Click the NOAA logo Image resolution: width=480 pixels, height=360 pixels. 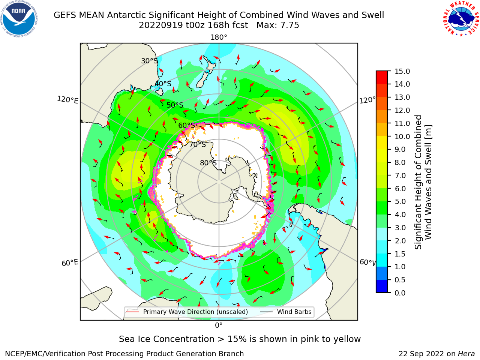coord(19,19)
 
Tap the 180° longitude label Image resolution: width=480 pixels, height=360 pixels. coord(219,37)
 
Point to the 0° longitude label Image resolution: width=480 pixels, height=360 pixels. coord(219,325)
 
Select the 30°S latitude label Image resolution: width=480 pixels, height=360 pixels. coord(149,61)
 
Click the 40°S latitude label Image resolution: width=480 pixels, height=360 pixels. coord(163,84)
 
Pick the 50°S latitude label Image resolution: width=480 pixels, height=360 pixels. coord(175,105)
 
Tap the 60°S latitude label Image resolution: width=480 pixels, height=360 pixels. coord(186,126)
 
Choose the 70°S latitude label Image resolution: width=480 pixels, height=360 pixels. coord(198,144)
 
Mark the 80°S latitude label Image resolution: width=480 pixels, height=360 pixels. coord(208,163)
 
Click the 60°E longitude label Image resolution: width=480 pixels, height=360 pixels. coord(70,263)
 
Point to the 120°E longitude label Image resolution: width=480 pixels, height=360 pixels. coord(67,100)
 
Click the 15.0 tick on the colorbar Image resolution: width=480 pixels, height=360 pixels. coord(402,72)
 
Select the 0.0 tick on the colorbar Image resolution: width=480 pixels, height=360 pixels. coord(400,293)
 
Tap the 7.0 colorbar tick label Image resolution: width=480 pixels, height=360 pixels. coord(400,175)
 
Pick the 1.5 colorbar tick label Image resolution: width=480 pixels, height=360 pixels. coord(400,254)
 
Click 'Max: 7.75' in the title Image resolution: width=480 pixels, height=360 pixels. coord(277,25)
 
